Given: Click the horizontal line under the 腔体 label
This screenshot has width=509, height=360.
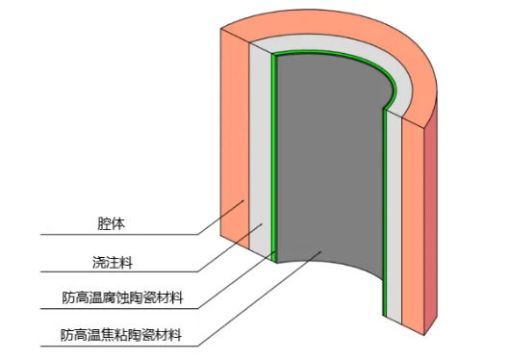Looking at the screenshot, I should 115,235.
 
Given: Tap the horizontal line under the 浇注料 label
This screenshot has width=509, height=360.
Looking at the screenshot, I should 115,272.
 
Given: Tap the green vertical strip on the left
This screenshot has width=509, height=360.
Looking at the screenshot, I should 273,159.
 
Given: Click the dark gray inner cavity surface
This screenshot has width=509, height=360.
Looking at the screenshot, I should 327,173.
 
